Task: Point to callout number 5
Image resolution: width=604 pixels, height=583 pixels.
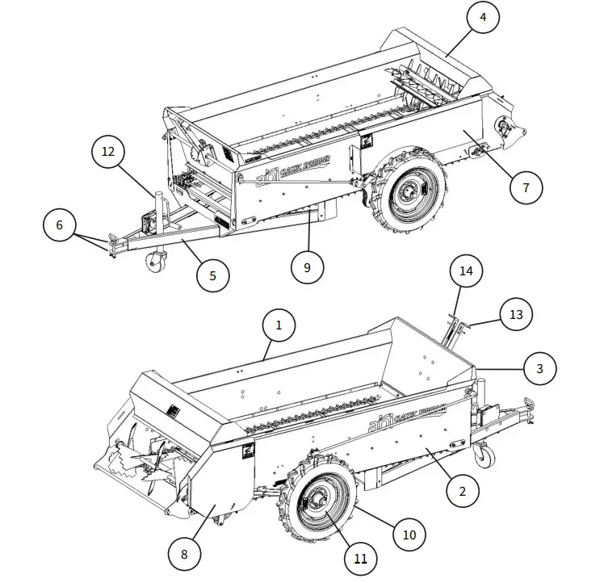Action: coord(213,275)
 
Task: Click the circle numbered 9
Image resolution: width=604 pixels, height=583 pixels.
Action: coord(307,267)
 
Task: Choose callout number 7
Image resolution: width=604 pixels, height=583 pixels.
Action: coord(526,187)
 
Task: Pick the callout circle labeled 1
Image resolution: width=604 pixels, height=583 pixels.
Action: coord(279,326)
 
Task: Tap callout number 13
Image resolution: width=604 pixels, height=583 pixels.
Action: coord(516,313)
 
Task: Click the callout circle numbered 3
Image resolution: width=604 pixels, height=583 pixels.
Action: coord(540,368)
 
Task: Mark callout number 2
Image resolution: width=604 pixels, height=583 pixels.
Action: coord(462,489)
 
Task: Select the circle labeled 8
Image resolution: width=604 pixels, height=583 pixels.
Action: coord(184,554)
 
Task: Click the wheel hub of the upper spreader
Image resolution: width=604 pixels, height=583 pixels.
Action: coord(413,191)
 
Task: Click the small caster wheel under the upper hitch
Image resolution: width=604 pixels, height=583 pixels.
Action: coord(155,262)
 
